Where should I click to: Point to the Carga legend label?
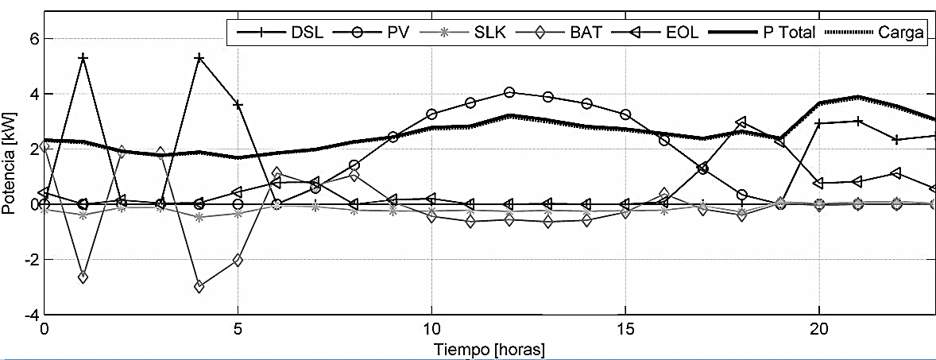click(900, 33)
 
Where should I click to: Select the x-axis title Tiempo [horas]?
click(488, 350)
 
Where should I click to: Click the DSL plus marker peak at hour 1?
click(83, 58)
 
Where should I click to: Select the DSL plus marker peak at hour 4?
click(199, 58)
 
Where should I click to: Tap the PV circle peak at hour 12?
click(509, 92)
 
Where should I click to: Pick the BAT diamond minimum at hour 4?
click(199, 287)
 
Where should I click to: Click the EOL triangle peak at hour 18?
click(741, 122)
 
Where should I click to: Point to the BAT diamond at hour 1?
click(83, 277)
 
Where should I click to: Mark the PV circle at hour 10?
click(431, 114)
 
